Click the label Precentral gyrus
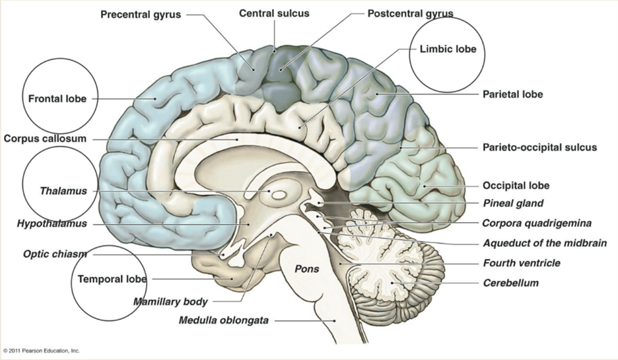click(140, 15)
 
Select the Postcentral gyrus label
click(410, 13)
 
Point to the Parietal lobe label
click(513, 94)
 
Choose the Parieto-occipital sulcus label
click(539, 147)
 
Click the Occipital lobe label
click(516, 186)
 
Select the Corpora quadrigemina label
click(536, 223)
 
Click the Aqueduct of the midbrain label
click(544, 243)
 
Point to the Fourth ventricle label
click(521, 263)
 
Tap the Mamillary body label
click(170, 302)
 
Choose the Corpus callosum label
click(44, 139)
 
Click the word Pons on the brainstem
click(307, 269)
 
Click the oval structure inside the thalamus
click(279, 195)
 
